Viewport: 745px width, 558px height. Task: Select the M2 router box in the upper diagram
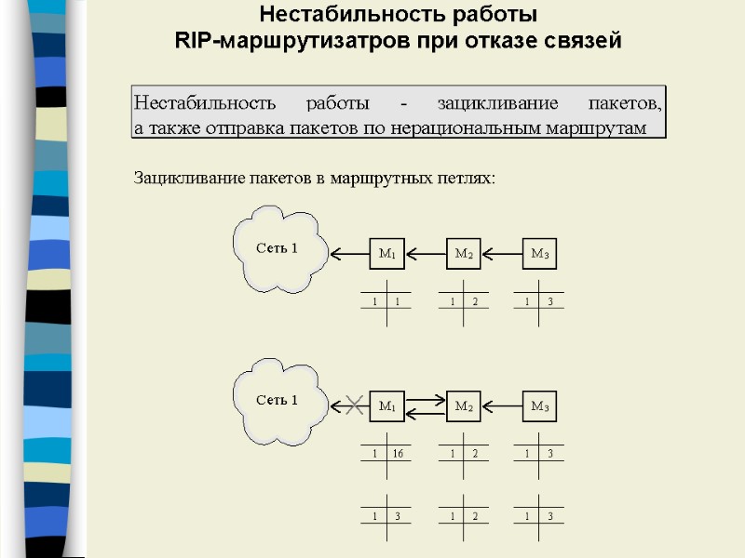point(464,253)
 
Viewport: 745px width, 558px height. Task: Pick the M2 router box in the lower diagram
point(464,405)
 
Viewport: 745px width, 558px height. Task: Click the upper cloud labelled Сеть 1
point(278,248)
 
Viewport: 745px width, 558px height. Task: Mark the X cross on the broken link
point(354,405)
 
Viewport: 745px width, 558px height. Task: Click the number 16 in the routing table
point(398,454)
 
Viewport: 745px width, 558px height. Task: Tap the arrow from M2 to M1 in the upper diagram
point(426,253)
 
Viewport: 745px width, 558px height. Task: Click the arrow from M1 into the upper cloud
point(349,253)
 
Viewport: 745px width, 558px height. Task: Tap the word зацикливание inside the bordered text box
point(498,101)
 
